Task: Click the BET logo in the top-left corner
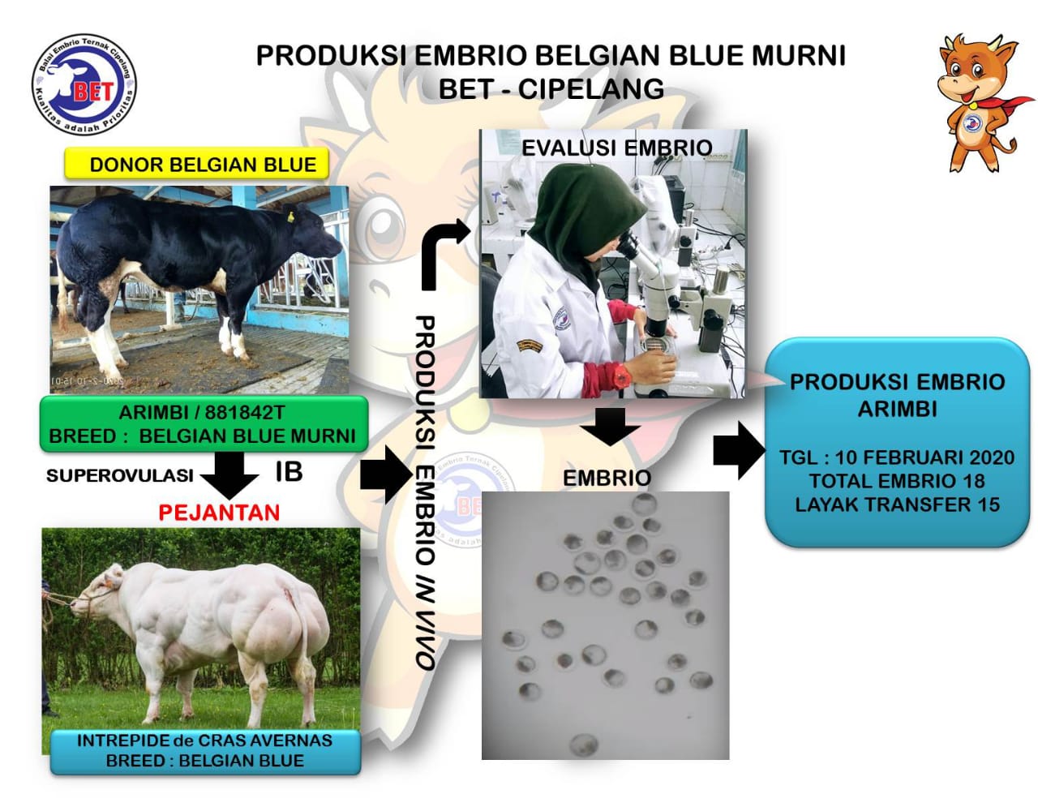[84, 85]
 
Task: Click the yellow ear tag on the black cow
[289, 217]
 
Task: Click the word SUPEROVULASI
[119, 475]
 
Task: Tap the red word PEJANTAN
[219, 513]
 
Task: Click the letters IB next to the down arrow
[288, 472]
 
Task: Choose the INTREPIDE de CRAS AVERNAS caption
[204, 740]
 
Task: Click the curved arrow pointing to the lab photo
[442, 251]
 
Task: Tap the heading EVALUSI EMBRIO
[616, 148]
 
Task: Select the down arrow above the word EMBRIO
[610, 426]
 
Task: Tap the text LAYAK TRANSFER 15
[897, 504]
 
